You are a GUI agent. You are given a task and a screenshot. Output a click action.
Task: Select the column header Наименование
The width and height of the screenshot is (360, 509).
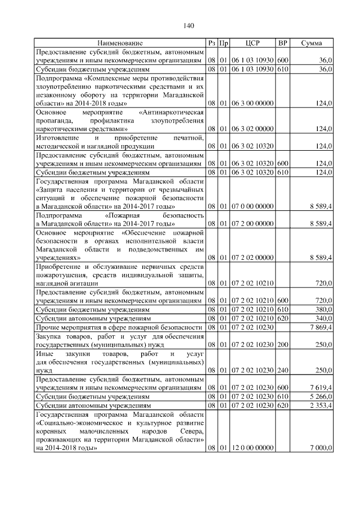(120, 43)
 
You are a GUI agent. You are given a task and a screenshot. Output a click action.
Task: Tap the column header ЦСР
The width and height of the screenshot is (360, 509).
(253, 43)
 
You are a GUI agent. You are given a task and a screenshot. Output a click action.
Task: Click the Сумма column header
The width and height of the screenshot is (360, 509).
(312, 43)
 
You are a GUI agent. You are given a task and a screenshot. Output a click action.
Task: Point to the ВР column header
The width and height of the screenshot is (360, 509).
(283, 43)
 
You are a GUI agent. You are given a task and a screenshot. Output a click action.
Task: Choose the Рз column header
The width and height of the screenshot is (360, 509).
(211, 43)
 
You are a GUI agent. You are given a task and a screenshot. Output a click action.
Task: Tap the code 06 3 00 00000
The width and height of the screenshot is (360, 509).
(253, 103)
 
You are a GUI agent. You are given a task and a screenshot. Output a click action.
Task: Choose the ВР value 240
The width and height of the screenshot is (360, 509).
(283, 370)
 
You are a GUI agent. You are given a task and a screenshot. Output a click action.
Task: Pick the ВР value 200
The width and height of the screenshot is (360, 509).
(283, 344)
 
